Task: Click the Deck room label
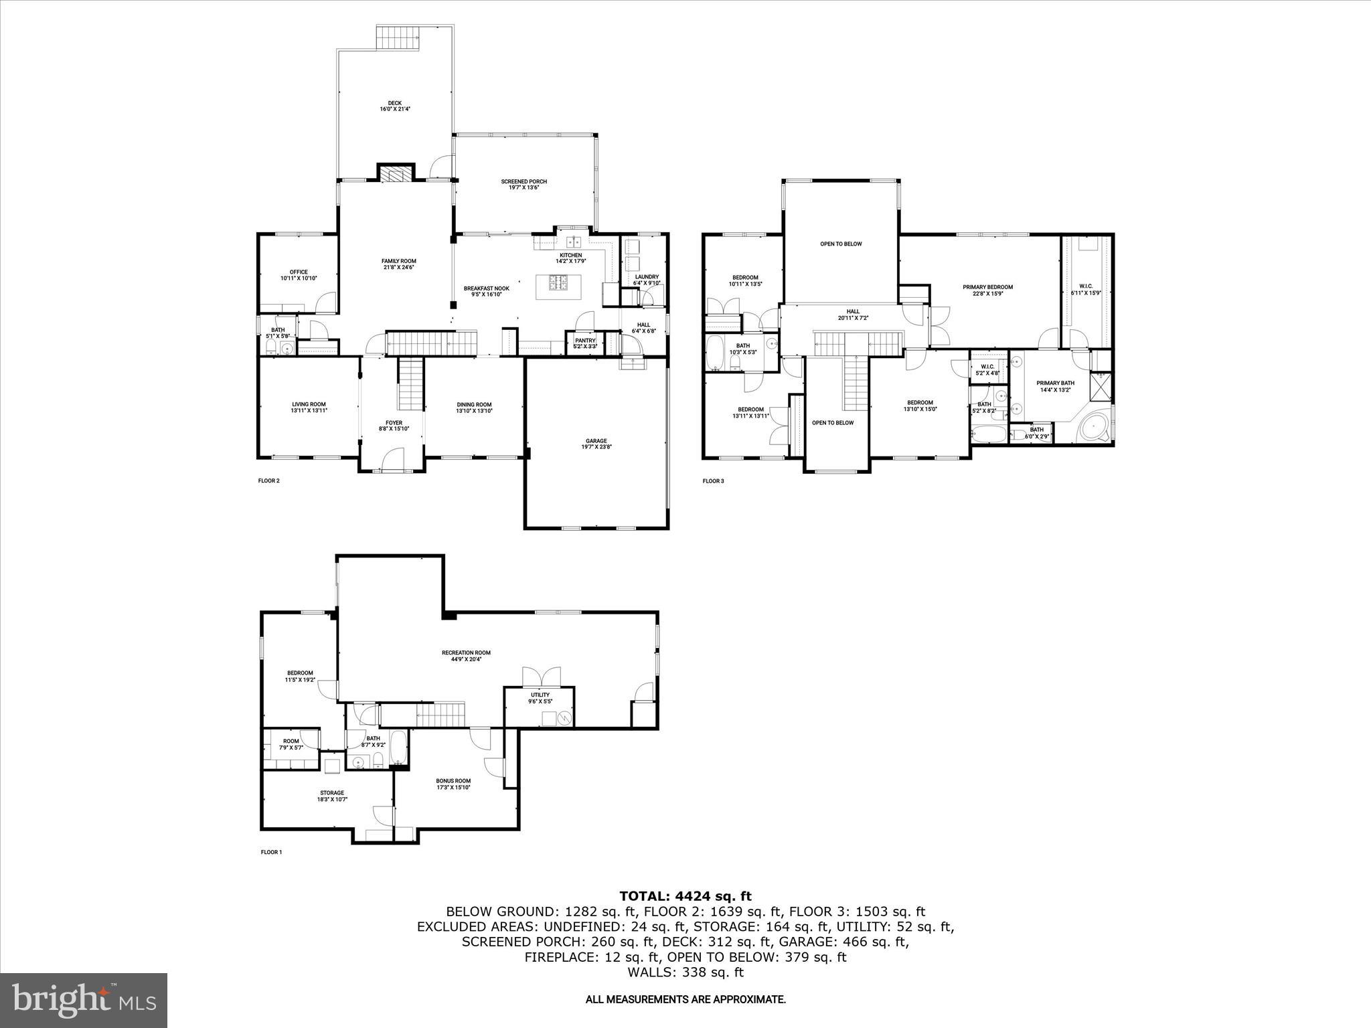(394, 105)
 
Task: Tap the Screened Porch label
(523, 184)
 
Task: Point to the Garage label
(596, 443)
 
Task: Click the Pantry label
(585, 343)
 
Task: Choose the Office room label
(299, 274)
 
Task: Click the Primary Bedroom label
(987, 290)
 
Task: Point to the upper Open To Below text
(841, 244)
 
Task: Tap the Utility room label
(540, 698)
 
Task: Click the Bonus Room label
(453, 784)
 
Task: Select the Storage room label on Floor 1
(331, 796)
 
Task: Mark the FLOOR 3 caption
(713, 481)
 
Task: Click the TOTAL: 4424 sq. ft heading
(685, 896)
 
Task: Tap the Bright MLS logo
(84, 1001)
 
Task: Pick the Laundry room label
(646, 279)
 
